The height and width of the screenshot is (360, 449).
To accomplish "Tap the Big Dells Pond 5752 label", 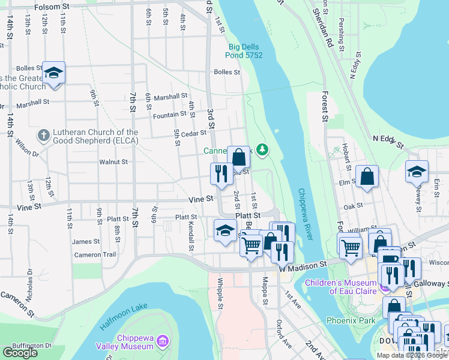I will (x=246, y=51).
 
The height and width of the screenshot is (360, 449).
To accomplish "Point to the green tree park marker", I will (x=262, y=149).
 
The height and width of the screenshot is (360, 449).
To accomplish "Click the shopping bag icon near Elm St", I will (x=367, y=176).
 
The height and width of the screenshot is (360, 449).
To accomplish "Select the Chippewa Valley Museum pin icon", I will (x=160, y=342).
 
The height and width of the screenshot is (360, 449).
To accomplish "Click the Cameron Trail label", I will (x=94, y=255).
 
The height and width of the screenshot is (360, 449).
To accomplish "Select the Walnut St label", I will (x=113, y=161).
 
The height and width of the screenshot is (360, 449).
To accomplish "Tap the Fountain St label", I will (x=170, y=115).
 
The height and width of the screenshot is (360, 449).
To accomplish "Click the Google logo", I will (x=20, y=352).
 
